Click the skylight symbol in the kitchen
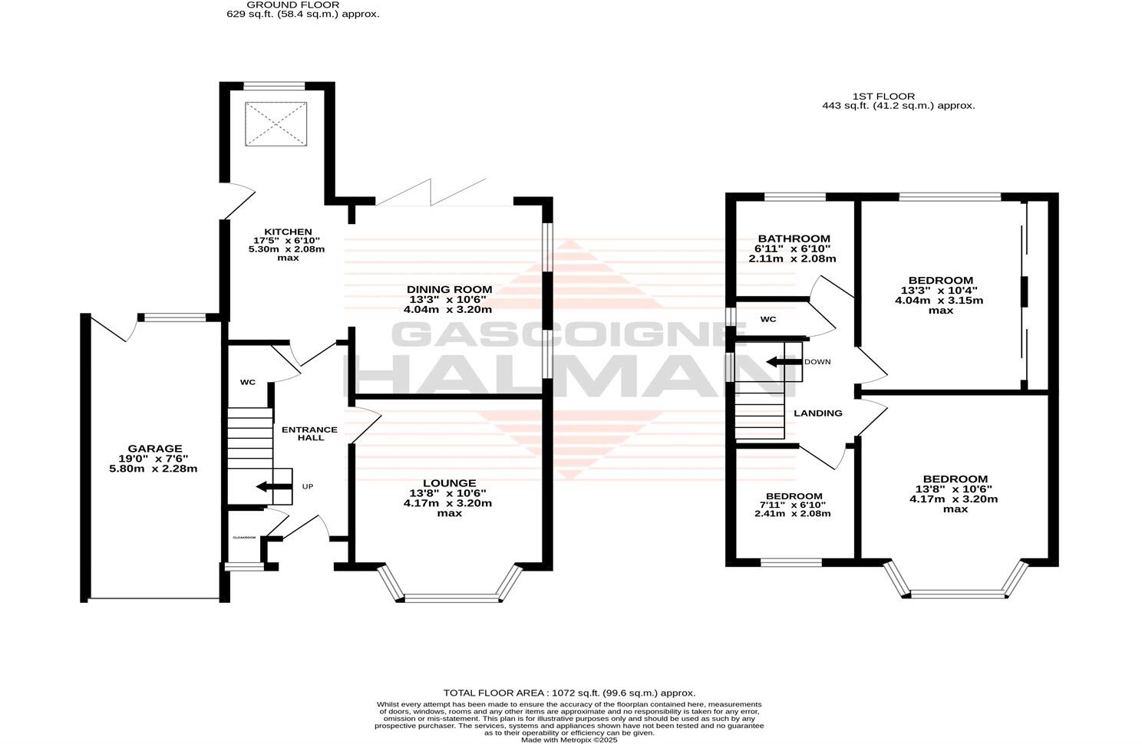(x=276, y=123)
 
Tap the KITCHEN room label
(x=288, y=232)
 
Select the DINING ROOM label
(x=449, y=289)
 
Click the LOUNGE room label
(x=449, y=483)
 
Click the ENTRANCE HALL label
(x=309, y=433)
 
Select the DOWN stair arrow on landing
(x=781, y=361)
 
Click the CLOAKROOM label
(x=244, y=538)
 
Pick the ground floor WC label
(x=247, y=382)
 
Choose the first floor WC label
(x=768, y=319)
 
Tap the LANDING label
(x=817, y=413)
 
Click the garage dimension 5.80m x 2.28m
(x=154, y=469)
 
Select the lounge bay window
(x=449, y=595)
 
